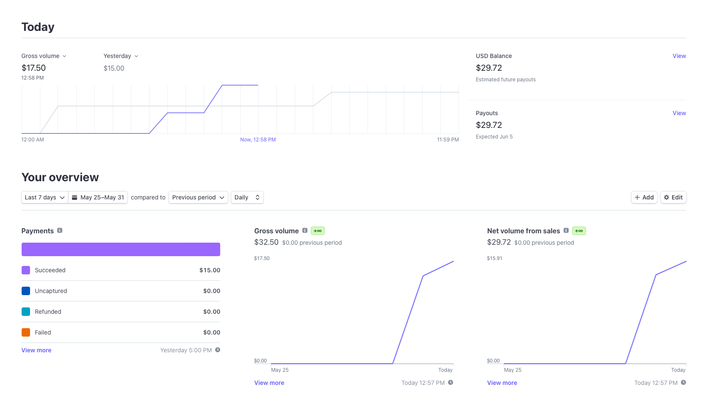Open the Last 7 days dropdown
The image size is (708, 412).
(44, 197)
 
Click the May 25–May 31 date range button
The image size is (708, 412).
(98, 197)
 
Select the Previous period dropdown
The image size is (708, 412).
(198, 197)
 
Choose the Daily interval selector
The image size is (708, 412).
(247, 197)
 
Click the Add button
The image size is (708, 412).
(644, 197)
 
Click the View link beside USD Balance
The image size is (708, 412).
(679, 56)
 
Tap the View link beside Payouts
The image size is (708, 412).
(679, 113)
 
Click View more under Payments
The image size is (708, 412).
(36, 350)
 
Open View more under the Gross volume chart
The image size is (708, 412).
(269, 383)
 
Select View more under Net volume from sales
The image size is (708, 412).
(502, 383)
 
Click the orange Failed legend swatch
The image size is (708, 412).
(26, 332)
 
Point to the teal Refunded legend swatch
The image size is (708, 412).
(26, 312)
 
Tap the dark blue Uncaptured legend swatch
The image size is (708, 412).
(26, 290)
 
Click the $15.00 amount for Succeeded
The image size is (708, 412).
(210, 270)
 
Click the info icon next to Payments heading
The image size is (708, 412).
(60, 231)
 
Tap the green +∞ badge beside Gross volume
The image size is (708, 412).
(318, 231)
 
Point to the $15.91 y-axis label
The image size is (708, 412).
(494, 258)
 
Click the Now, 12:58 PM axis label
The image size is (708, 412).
(258, 140)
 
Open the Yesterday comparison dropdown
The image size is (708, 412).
(121, 56)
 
